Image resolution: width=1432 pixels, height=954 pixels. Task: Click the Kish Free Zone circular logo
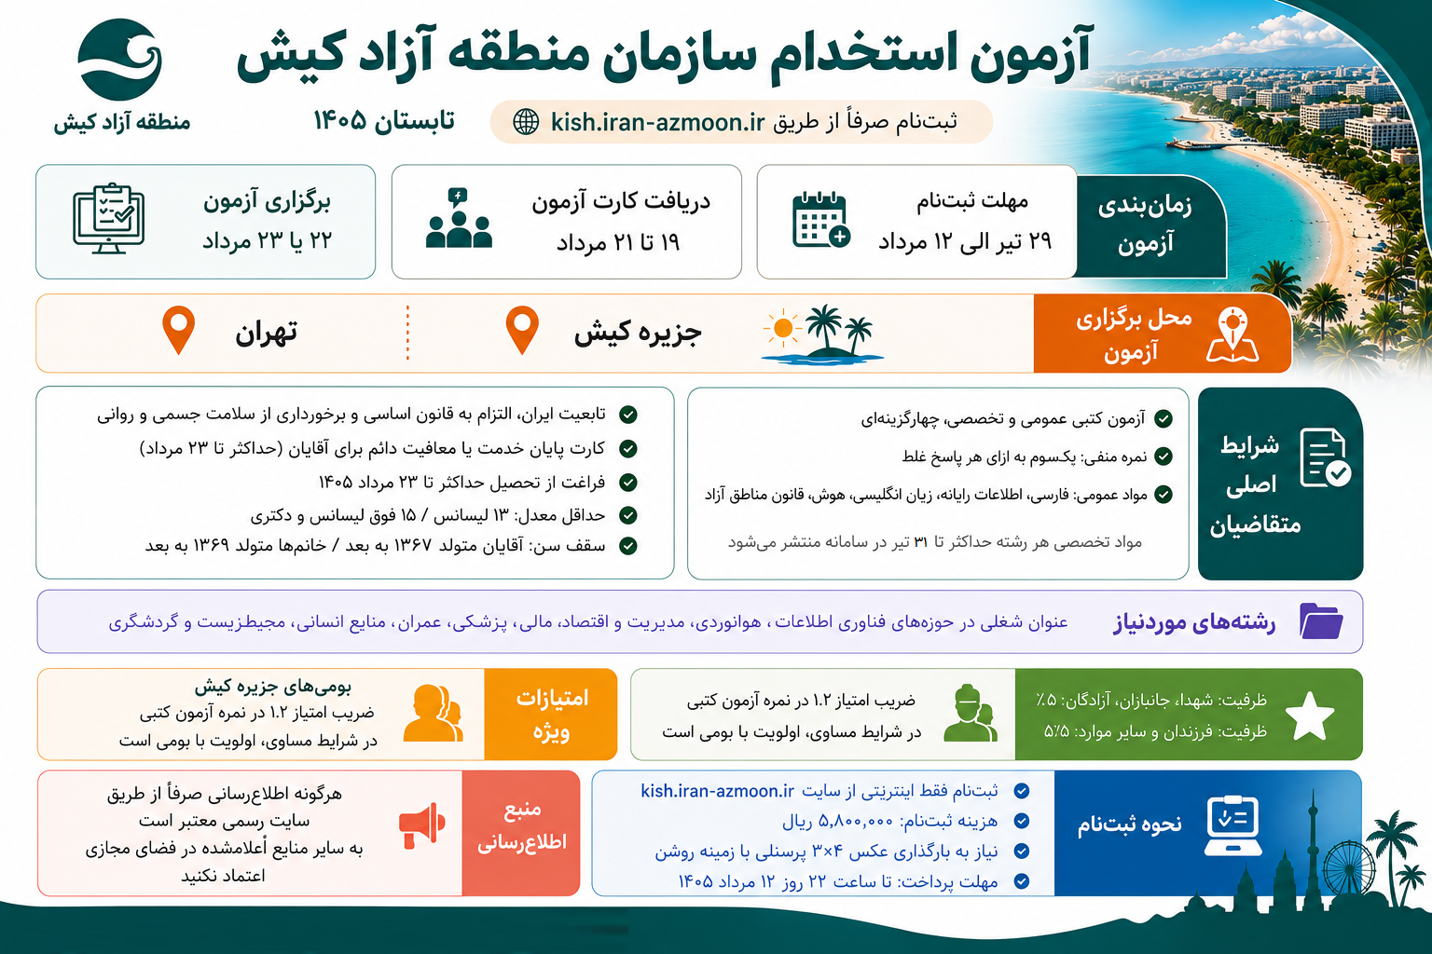coord(119,60)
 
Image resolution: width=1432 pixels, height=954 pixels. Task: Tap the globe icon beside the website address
coord(526,121)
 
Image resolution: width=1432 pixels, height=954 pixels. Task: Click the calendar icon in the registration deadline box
coord(820,219)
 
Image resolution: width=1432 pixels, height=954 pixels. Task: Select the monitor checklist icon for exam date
coord(109,218)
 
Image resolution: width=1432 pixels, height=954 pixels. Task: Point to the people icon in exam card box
coord(459,218)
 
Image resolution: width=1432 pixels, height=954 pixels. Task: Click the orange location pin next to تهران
coord(178,330)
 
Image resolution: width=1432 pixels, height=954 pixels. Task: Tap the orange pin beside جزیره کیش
coord(522,330)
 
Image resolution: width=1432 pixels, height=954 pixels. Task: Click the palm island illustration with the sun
coord(822,334)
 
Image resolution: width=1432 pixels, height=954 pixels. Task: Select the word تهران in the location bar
coord(266,333)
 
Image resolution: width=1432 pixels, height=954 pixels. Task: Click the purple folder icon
coord(1321,620)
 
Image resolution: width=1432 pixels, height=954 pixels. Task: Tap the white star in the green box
coord(1309,715)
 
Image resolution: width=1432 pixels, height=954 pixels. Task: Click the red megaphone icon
coord(422,825)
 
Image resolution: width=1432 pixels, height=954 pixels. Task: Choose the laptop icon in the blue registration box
coord(1232,825)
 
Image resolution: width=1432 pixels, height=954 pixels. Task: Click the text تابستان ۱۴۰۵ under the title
coord(383,120)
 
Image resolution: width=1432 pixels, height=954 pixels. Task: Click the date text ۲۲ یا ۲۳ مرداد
coord(268,241)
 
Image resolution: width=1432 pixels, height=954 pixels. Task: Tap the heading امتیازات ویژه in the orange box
coord(552,715)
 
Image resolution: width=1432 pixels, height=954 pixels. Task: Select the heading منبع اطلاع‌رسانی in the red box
coord(522,825)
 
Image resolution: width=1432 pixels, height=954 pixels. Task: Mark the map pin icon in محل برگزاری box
coord(1232,334)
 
